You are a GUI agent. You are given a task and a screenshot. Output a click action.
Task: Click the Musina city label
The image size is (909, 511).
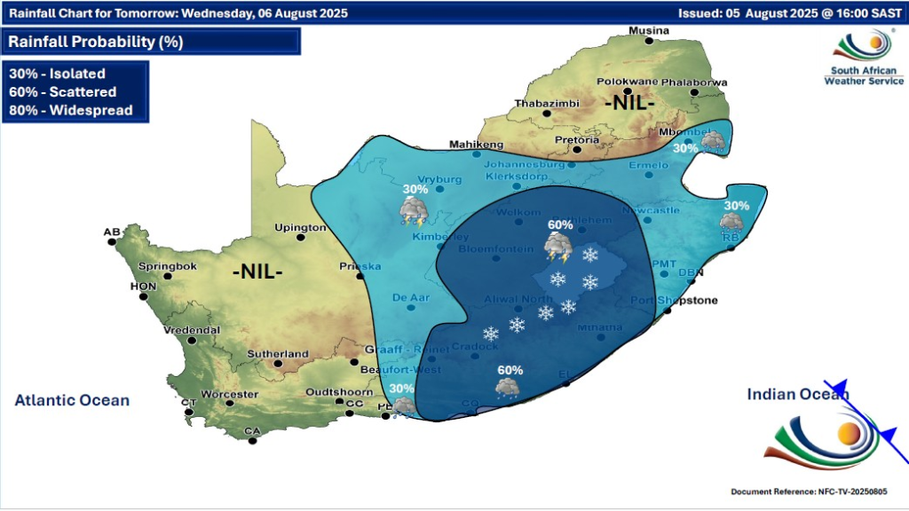pyautogui.click(x=647, y=31)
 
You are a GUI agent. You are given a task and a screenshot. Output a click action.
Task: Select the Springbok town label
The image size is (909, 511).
pyautogui.click(x=166, y=265)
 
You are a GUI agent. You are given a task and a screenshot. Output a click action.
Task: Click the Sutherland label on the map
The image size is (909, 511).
pyautogui.click(x=277, y=354)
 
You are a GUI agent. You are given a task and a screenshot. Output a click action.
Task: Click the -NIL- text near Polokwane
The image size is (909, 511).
pyautogui.click(x=629, y=104)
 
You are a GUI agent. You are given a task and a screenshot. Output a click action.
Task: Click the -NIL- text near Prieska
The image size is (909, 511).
pyautogui.click(x=257, y=272)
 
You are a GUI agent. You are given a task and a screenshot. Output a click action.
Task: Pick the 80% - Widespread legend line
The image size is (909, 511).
pyautogui.click(x=70, y=111)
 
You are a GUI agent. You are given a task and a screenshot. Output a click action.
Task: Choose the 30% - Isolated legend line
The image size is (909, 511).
pyautogui.click(x=57, y=74)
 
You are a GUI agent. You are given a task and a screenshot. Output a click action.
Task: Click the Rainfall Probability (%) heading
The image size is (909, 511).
pyautogui.click(x=95, y=42)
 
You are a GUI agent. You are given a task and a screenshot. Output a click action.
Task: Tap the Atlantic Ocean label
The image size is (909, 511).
pyautogui.click(x=72, y=400)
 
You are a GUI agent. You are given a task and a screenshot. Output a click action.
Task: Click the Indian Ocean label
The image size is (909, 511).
pyautogui.click(x=797, y=394)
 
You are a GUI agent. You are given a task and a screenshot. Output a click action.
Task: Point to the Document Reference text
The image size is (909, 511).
pyautogui.click(x=809, y=491)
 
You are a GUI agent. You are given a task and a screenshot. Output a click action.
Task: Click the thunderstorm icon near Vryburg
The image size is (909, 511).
pyautogui.click(x=413, y=212)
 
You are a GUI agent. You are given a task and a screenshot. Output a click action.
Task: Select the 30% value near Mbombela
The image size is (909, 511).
pyautogui.click(x=684, y=148)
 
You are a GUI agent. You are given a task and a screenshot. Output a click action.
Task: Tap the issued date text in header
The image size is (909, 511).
pyautogui.click(x=788, y=13)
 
